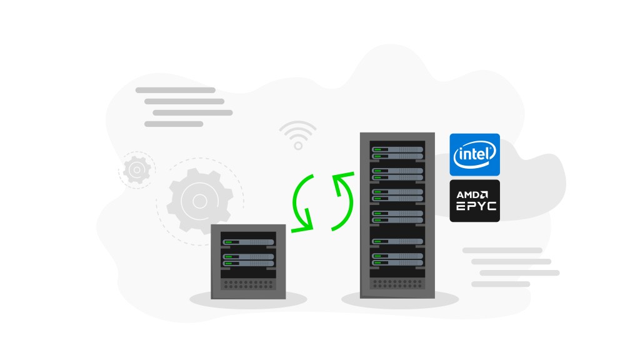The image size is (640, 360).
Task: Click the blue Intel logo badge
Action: point(475,154)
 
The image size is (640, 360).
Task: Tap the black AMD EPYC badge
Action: point(475,201)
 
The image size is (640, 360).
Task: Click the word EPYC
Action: point(476,207)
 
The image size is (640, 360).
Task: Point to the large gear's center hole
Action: point(199,201)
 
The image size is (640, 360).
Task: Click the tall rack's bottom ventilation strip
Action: point(396,284)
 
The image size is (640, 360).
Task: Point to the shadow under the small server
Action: point(249,301)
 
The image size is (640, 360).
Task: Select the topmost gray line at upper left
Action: point(175,90)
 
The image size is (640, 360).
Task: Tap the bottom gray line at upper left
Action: point(174,124)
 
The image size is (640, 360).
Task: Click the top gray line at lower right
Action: point(502,250)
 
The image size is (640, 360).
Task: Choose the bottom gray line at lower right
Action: point(501,284)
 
